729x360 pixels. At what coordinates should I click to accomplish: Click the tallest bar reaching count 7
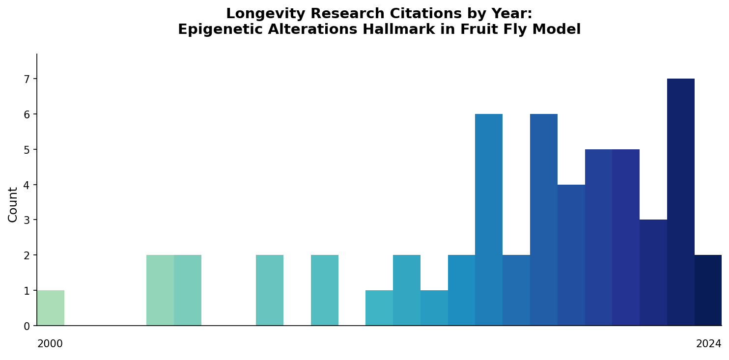coord(680,202)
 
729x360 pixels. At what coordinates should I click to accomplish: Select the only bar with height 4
coord(571,255)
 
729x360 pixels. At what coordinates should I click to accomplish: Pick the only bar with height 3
coord(653,273)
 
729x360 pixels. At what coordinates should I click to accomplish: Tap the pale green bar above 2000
coord(51,308)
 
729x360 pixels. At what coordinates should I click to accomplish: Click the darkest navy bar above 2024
coord(708,290)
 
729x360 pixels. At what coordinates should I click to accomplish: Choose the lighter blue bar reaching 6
coord(488,220)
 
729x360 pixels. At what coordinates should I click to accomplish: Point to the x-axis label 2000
coord(50,344)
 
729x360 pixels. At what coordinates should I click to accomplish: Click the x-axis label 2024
coord(708,344)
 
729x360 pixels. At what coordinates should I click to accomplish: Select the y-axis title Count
coord(13,204)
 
